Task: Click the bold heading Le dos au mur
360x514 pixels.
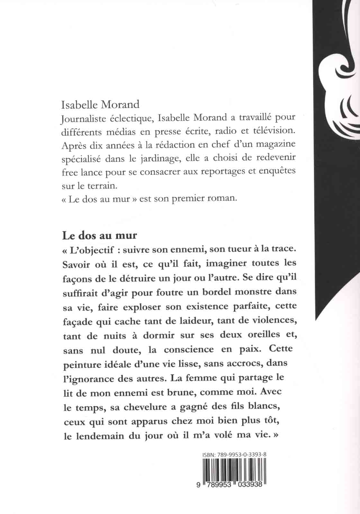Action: click(100, 235)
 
